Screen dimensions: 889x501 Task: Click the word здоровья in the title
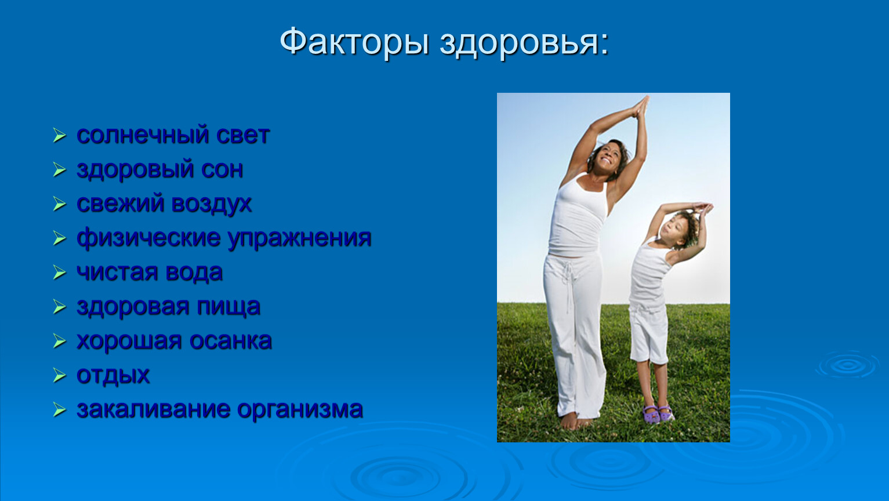(524, 43)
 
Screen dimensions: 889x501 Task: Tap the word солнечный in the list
(143, 135)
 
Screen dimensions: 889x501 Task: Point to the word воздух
(212, 204)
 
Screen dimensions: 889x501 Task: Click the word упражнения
(299, 238)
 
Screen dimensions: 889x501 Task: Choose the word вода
(194, 273)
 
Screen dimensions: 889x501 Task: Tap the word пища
(228, 307)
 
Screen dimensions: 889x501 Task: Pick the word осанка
(231, 341)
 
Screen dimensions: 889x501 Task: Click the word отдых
(113, 375)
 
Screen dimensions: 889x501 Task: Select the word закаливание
(153, 409)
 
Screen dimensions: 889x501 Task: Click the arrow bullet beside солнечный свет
(59, 136)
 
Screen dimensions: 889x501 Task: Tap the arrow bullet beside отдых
(59, 376)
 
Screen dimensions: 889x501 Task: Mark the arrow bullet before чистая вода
(59, 273)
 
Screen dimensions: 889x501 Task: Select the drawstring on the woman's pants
(569, 282)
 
